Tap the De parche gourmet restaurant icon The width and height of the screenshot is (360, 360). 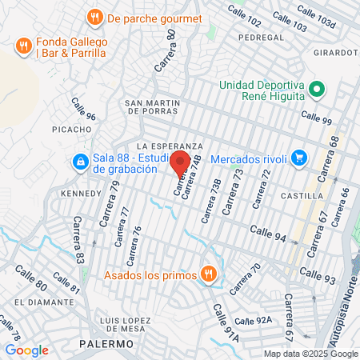pyautogui.click(x=95, y=17)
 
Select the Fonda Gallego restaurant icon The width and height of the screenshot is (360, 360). pyautogui.click(x=23, y=46)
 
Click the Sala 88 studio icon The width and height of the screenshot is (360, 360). pyautogui.click(x=80, y=162)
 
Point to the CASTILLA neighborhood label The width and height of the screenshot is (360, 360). pyautogui.click(x=303, y=195)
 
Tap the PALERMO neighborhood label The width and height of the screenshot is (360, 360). pyautogui.click(x=106, y=343)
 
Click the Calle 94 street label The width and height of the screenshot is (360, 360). pyautogui.click(x=268, y=230)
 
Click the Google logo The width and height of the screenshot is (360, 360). pyautogui.click(x=26, y=350)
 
